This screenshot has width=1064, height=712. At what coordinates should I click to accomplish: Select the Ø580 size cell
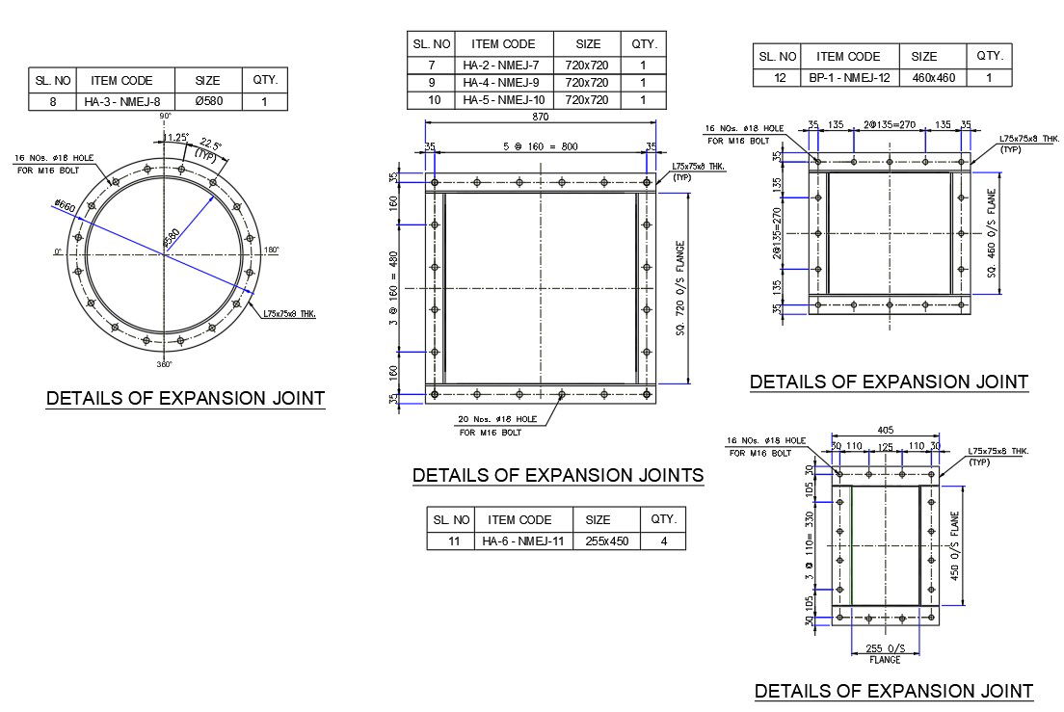pyautogui.click(x=207, y=101)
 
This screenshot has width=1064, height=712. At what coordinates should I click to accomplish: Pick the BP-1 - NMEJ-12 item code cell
pyautogui.click(x=848, y=77)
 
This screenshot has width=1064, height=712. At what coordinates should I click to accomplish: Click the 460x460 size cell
pyautogui.click(x=933, y=77)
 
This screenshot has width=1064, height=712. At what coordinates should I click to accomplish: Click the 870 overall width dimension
pyautogui.click(x=540, y=116)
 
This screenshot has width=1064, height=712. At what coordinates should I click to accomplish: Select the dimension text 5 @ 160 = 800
pyautogui.click(x=540, y=147)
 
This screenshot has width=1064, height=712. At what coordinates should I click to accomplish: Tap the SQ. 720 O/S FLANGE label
pyautogui.click(x=679, y=288)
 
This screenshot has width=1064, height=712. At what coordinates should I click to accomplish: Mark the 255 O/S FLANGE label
pyautogui.click(x=884, y=653)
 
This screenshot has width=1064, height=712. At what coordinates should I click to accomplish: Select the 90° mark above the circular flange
pyautogui.click(x=165, y=116)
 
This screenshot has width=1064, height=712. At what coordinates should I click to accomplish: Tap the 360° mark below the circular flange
pyautogui.click(x=165, y=365)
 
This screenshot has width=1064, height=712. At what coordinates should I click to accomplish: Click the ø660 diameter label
pyautogui.click(x=65, y=206)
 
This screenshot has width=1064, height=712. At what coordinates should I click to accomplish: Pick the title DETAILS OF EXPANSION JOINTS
pyautogui.click(x=557, y=475)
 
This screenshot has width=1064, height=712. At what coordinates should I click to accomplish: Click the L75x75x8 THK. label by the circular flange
pyautogui.click(x=289, y=313)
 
